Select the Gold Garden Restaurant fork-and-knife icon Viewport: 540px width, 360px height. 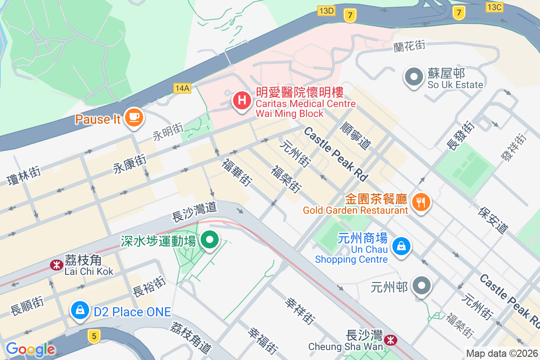click(x=421, y=202)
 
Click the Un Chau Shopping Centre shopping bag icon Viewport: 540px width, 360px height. click(x=400, y=246)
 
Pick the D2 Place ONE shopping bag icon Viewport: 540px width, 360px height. click(x=80, y=310)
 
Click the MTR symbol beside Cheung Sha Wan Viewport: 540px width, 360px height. click(x=390, y=340)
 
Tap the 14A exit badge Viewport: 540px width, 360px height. click(x=182, y=88)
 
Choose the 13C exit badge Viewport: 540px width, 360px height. click(x=495, y=6)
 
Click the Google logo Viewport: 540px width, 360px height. click(x=30, y=349)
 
